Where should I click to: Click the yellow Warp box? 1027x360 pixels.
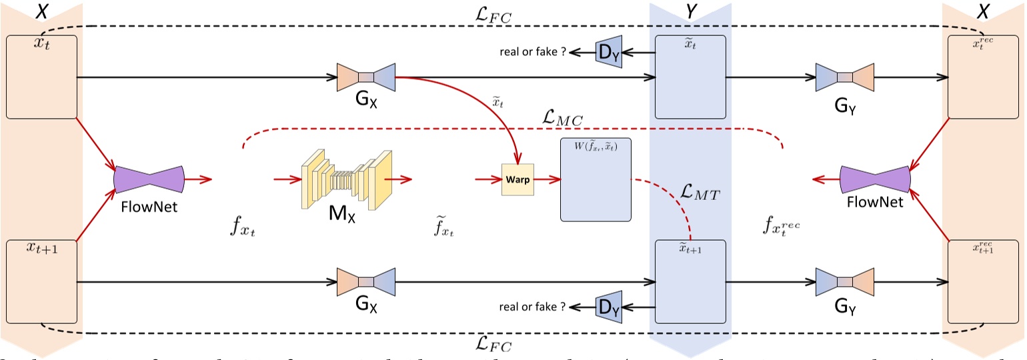(518, 179)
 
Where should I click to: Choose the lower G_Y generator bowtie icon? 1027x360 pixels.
(845, 282)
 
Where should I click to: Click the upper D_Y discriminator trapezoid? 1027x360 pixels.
(608, 52)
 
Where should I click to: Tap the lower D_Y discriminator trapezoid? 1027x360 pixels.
(608, 307)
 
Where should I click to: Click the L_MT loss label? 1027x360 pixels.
(704, 194)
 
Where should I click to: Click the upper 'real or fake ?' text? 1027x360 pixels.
(533, 52)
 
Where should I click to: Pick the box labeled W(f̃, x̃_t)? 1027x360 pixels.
(596, 179)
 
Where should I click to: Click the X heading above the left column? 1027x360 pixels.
(41, 11)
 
